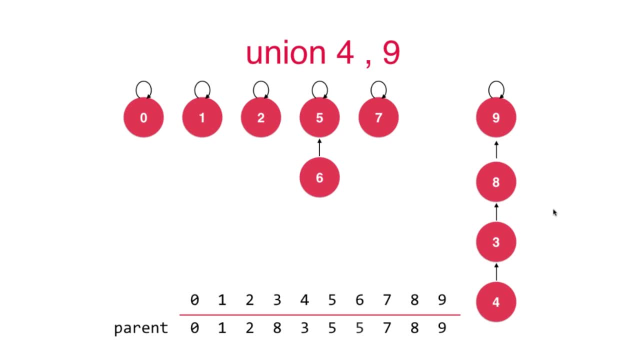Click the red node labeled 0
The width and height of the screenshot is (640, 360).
pyautogui.click(x=143, y=118)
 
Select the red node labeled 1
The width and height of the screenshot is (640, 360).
pyautogui.click(x=202, y=118)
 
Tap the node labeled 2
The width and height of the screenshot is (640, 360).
pyautogui.click(x=261, y=118)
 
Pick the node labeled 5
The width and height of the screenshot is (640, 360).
pyautogui.click(x=319, y=118)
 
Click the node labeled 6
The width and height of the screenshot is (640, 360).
pyautogui.click(x=319, y=177)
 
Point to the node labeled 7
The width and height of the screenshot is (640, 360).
pyautogui.click(x=378, y=118)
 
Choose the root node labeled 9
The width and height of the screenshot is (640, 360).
pyautogui.click(x=496, y=118)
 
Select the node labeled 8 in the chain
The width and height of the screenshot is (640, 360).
pyautogui.click(x=496, y=182)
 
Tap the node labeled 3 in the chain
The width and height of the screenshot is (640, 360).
pyautogui.click(x=496, y=242)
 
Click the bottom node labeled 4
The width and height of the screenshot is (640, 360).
pyautogui.click(x=496, y=302)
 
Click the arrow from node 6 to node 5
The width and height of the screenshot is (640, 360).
pyautogui.click(x=319, y=148)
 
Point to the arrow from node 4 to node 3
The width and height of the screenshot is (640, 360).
pyautogui.click(x=496, y=271)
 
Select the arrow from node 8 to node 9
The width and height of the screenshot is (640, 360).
pyautogui.click(x=496, y=150)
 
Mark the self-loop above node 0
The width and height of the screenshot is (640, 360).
pyautogui.click(x=143, y=89)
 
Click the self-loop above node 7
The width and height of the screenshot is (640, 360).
pyautogui.click(x=378, y=89)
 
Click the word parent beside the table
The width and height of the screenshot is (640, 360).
pyautogui.click(x=141, y=328)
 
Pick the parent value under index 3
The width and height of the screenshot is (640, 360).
pyautogui.click(x=277, y=328)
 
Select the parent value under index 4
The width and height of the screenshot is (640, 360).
pyautogui.click(x=304, y=328)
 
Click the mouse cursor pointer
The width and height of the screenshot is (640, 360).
pyautogui.click(x=554, y=212)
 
